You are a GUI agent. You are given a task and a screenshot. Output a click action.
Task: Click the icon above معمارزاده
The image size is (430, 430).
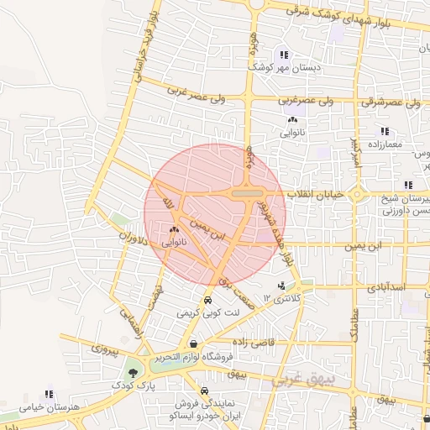point(385,131)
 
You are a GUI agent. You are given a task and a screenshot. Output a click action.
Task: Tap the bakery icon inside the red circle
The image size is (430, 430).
point(175,230)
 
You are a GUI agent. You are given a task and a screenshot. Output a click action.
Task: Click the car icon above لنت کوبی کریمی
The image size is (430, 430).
point(207,301)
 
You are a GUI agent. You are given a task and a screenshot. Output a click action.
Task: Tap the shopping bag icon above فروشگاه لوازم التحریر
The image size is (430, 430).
point(194,343)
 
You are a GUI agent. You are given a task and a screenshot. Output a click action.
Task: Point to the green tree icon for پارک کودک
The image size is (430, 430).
point(133,372)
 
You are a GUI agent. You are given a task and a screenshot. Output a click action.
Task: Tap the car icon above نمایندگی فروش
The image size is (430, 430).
point(205,391)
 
